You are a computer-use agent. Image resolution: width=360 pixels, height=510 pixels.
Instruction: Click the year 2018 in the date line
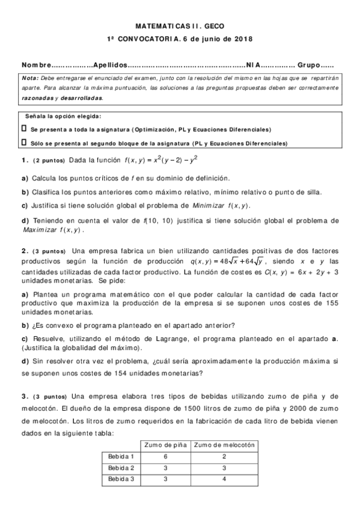(243, 39)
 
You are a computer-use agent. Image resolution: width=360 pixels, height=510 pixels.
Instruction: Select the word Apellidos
(111, 65)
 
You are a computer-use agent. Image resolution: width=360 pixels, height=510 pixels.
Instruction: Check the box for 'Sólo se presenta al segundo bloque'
(24, 143)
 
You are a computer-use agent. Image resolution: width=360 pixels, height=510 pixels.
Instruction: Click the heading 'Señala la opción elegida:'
(64, 117)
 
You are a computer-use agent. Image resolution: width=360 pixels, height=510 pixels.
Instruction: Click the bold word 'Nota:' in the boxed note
(30, 78)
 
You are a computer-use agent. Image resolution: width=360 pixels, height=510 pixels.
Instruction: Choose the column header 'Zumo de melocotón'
(225, 445)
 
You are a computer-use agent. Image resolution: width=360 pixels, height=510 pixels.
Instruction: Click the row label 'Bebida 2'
(121, 467)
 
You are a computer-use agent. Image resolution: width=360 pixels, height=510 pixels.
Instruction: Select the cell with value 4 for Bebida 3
(225, 479)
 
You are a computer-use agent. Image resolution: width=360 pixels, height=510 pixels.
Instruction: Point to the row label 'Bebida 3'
(121, 479)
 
